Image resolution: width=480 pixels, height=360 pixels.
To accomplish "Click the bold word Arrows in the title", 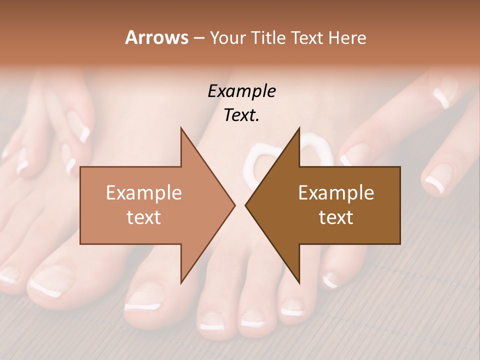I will pyautogui.click(x=157, y=37).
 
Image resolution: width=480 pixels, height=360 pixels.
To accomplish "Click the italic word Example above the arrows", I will pyautogui.click(x=241, y=91).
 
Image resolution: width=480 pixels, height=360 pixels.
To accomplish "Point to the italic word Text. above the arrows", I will pyautogui.click(x=241, y=115).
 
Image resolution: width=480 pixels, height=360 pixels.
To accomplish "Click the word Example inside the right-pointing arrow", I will pyautogui.click(x=143, y=192).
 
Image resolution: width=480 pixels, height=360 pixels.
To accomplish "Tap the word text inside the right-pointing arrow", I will pyautogui.click(x=143, y=217).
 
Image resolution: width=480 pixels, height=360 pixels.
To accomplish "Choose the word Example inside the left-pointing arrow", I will pyautogui.click(x=336, y=192).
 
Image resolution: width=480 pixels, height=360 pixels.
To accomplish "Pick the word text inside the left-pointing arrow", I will pyautogui.click(x=336, y=217).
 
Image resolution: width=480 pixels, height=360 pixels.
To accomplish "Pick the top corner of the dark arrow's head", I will pyautogui.click(x=299, y=128).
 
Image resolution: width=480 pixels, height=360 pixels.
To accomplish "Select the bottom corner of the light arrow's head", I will pyautogui.click(x=181, y=282).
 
